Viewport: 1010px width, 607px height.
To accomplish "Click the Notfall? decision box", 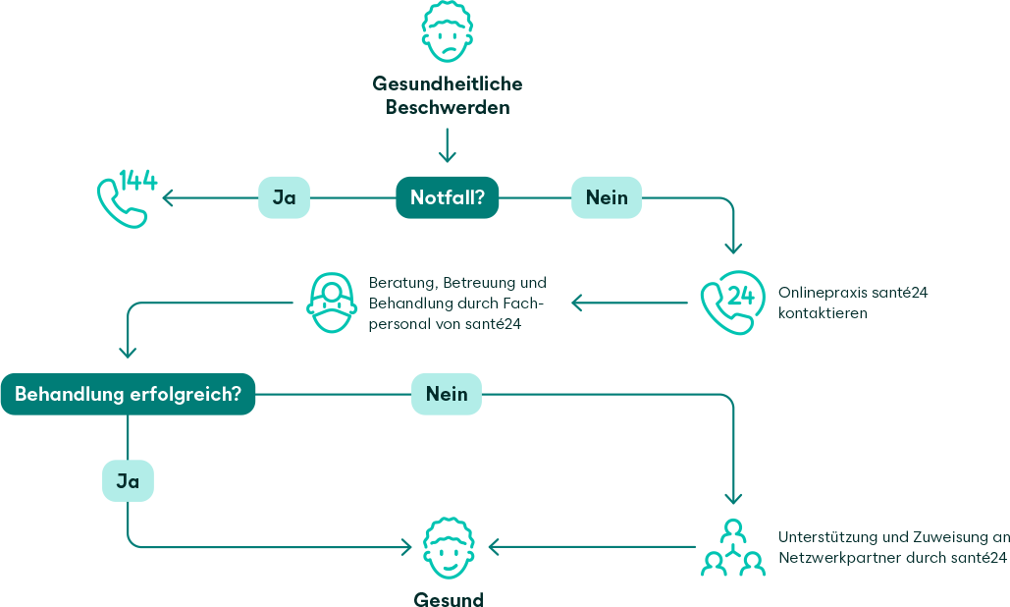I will [447, 197].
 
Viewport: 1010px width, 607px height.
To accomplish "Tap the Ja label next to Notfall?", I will [284, 197].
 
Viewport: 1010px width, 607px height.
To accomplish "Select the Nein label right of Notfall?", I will [607, 197].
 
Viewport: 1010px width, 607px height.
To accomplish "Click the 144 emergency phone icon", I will [127, 197].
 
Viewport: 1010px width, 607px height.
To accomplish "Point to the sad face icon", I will [447, 31].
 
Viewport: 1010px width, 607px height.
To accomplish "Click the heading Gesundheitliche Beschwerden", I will [447, 96].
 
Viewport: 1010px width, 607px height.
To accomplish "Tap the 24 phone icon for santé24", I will [731, 303].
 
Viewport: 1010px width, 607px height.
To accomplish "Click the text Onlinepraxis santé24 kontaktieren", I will [852, 303].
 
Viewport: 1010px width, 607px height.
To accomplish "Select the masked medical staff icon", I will [332, 303].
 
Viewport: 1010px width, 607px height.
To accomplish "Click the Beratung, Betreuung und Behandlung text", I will [456, 303].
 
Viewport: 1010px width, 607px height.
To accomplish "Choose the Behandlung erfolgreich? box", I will [128, 395].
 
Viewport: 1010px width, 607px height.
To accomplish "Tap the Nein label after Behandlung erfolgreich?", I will [447, 395].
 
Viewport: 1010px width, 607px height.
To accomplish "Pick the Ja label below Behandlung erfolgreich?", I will [128, 481].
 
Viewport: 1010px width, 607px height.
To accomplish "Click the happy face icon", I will [448, 548].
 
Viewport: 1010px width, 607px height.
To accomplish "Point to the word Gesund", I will [448, 599].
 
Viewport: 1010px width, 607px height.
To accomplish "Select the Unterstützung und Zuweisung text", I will [891, 548].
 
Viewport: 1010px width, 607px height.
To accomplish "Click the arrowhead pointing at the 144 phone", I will [167, 198].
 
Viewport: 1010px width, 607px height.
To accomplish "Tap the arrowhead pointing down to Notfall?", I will [447, 157].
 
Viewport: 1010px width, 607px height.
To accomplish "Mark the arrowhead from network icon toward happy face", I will [494, 546].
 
